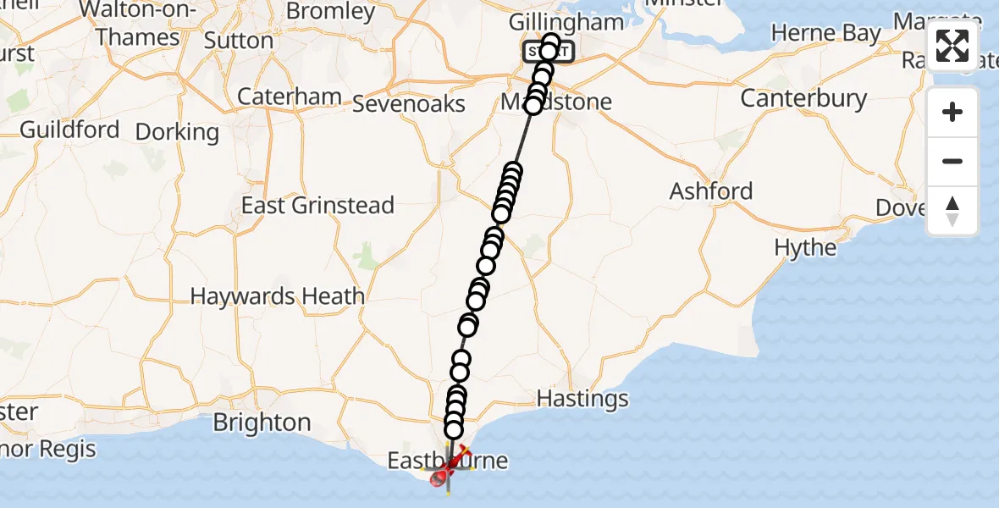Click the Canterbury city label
[803, 98]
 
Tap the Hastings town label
[582, 398]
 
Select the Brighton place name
[262, 422]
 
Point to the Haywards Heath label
[278, 296]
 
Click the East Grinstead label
[317, 205]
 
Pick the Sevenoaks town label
[408, 103]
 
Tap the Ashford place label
[711, 191]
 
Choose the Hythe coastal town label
[805, 248]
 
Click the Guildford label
[69, 130]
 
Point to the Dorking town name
[177, 132]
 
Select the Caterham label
[290, 97]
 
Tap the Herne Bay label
[826, 34]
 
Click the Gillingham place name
[566, 22]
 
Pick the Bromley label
[331, 11]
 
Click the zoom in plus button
[952, 113]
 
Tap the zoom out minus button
[952, 162]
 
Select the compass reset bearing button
[952, 211]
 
